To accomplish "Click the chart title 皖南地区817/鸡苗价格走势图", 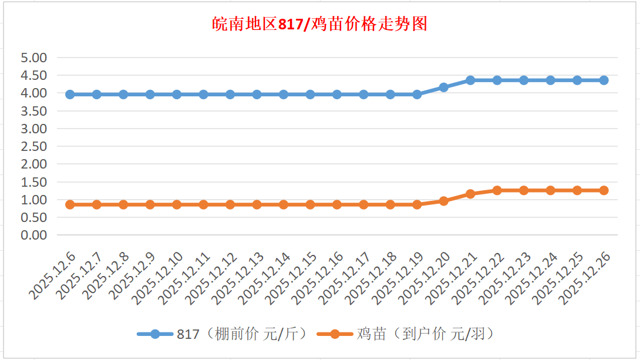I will coord(319,24).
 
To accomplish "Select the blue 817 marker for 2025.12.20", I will coord(443,87).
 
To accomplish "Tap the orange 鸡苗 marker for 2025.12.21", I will coord(470,194).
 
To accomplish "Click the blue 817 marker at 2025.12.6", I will coord(70,94).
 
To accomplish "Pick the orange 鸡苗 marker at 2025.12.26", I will coord(604,190).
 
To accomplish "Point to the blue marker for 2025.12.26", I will coord(604,80).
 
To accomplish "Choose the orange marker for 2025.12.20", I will coord(443,201).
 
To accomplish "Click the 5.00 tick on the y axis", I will coord(33,58).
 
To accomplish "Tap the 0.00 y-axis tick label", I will coord(33,235).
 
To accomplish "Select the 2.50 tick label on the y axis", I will coord(33,146).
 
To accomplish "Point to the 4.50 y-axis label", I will coord(33,75).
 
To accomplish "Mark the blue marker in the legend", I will coord(155,334).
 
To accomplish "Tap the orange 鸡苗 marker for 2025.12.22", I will coord(497,190).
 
